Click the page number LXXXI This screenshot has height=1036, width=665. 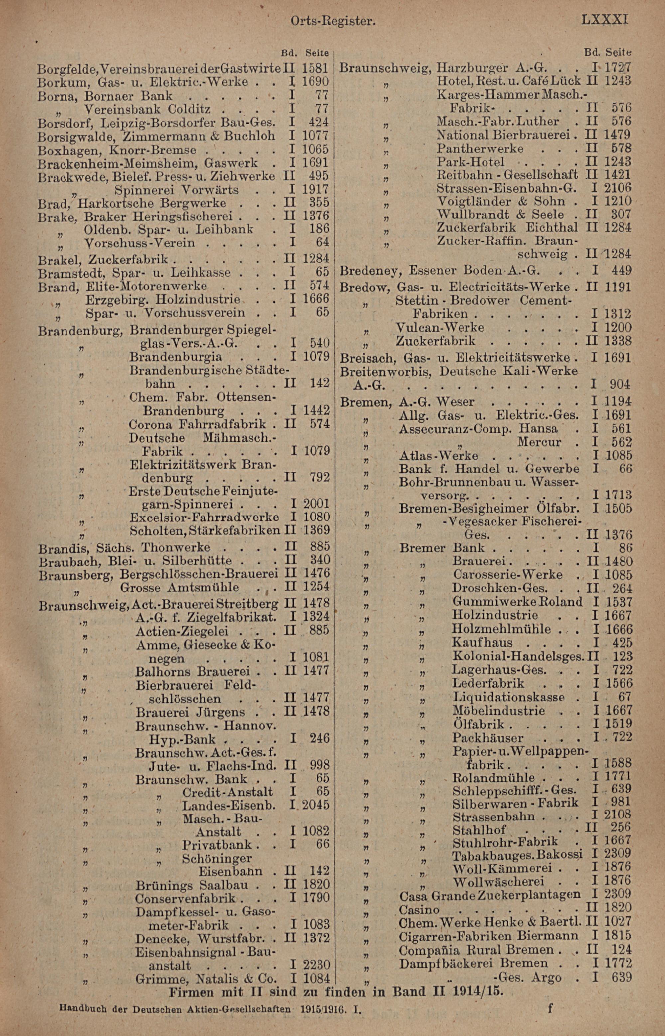click(x=604, y=20)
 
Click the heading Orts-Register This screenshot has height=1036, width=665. click(x=331, y=21)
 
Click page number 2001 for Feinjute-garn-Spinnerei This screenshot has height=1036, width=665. click(x=316, y=504)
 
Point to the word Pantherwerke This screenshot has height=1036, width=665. click(x=480, y=149)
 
